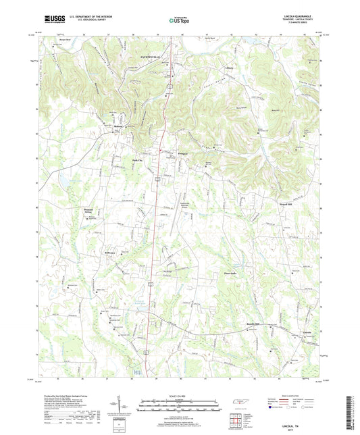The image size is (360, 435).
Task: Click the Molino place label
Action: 109,126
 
